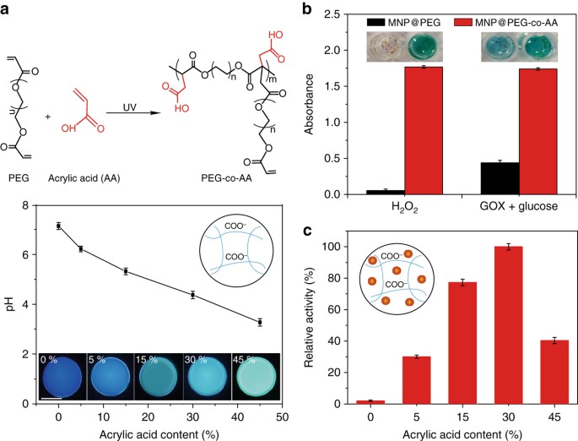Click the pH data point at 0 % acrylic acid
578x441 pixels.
click(x=58, y=226)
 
